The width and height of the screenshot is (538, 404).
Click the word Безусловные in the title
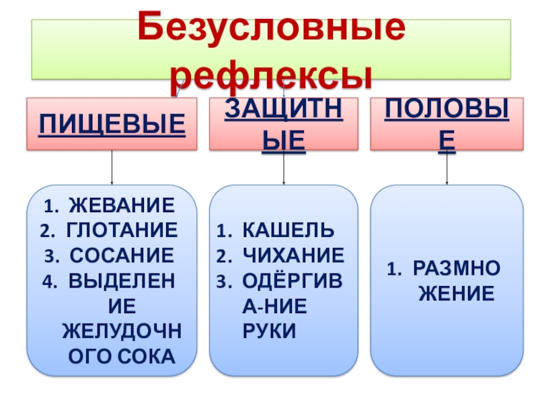(x=272, y=28)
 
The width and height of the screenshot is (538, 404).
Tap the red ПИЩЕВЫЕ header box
(x=112, y=124)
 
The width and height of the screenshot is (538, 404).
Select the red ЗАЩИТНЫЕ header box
(x=283, y=124)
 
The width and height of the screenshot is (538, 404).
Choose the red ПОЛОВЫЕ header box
(x=447, y=124)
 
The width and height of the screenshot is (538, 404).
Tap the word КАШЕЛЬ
(x=287, y=230)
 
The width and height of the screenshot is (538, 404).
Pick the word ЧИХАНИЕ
(x=293, y=255)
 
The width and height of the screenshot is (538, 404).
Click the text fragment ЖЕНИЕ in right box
(x=457, y=294)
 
